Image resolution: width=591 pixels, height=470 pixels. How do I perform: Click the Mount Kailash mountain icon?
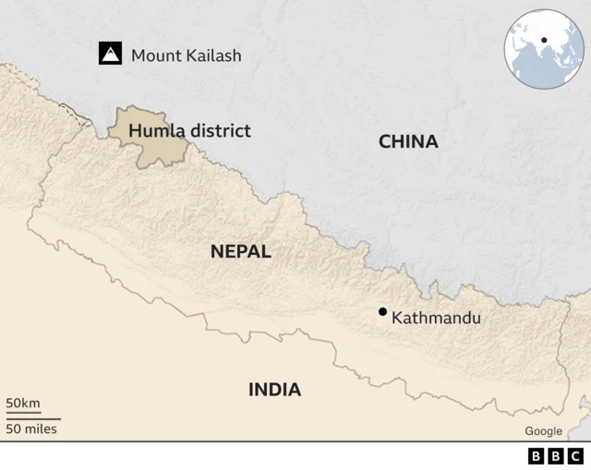pos(112,54)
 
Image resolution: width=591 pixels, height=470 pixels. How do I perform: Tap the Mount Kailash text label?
pos(186,55)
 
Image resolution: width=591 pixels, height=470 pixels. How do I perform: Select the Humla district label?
pos(189,131)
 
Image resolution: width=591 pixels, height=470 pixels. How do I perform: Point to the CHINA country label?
pos(408,141)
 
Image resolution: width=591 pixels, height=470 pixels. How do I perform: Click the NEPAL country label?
pos(240,251)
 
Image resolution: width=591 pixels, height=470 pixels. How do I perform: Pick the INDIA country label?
pos(274,390)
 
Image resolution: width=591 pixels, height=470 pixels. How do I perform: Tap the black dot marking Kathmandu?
pos(382,312)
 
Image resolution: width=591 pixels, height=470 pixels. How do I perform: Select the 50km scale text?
pos(23,404)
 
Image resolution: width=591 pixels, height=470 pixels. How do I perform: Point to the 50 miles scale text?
pos(31,428)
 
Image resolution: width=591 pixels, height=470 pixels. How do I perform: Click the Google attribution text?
pos(543,431)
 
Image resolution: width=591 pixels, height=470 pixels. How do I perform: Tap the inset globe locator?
pos(544,49)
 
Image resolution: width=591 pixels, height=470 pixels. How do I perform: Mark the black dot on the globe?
pos(544,40)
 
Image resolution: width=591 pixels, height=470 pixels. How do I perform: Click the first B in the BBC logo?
pos(537,456)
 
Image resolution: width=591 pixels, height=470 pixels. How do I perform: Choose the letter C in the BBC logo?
pos(575,456)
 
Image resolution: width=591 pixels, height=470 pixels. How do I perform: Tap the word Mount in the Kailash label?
pos(155,55)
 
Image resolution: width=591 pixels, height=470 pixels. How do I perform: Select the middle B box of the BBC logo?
pos(556,456)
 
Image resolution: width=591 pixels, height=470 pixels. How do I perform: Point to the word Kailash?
pos(212,55)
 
